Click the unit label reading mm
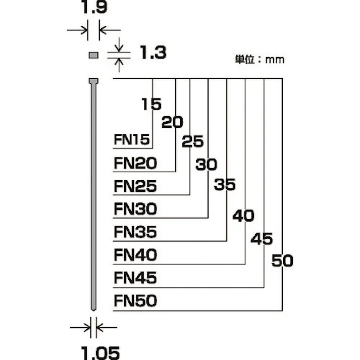(x=260, y=60)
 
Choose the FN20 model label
(x=135, y=163)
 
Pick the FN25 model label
(x=135, y=186)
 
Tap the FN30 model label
(x=135, y=209)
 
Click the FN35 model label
(x=135, y=232)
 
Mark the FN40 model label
(x=135, y=254)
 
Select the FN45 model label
(x=135, y=278)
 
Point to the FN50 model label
(x=135, y=301)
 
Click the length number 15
(x=151, y=104)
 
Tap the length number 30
(x=205, y=165)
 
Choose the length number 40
(x=243, y=216)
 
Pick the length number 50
(x=282, y=261)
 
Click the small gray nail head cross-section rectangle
(x=93, y=55)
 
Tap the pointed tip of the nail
(x=93, y=308)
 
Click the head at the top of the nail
(x=93, y=81)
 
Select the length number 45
(x=262, y=238)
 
